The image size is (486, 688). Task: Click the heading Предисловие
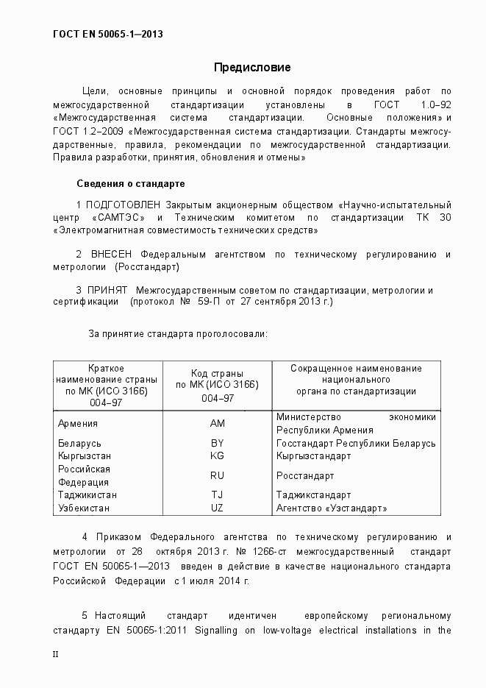point(252,68)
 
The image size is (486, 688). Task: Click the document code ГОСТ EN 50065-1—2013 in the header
point(108,35)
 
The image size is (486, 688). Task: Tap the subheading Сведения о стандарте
point(130,183)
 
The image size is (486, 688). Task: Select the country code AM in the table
point(217,423)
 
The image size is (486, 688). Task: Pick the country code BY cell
point(217,443)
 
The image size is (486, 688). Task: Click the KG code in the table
point(217,455)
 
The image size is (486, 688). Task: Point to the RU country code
point(217,475)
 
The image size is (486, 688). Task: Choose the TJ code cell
point(217,495)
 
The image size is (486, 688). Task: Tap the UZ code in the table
point(217,508)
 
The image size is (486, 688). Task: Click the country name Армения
point(78,423)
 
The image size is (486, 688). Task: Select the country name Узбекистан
point(84,508)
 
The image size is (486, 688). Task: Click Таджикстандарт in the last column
point(313,495)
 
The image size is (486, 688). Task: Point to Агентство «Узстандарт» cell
point(332,508)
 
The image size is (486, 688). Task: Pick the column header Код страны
point(217,373)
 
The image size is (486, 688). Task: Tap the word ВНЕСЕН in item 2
point(112,255)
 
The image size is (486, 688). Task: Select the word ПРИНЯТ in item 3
point(109,290)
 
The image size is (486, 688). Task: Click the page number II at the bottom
point(56,653)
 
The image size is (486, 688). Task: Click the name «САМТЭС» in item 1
point(118,218)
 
